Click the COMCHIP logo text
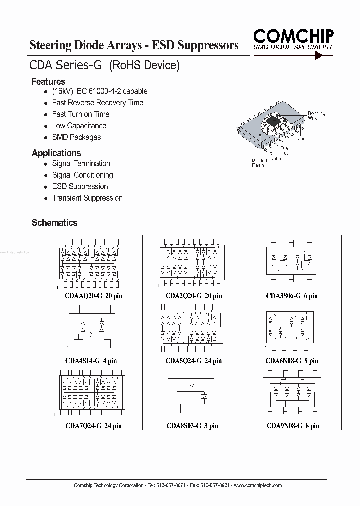click(293, 35)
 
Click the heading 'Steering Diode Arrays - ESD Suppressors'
click(134, 46)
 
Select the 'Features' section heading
click(48, 81)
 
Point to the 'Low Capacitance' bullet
click(79, 126)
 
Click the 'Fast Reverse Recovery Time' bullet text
click(97, 103)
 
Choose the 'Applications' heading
click(56, 153)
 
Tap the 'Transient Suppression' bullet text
click(87, 198)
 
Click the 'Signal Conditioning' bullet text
click(82, 175)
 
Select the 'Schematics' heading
click(54, 222)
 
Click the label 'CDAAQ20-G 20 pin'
click(93, 296)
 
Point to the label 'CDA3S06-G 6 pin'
click(292, 296)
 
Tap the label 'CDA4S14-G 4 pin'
click(91, 360)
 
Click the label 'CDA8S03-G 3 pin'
click(192, 426)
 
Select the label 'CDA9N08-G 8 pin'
click(292, 426)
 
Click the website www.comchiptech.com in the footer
click(258, 485)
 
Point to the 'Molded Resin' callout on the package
click(259, 162)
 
